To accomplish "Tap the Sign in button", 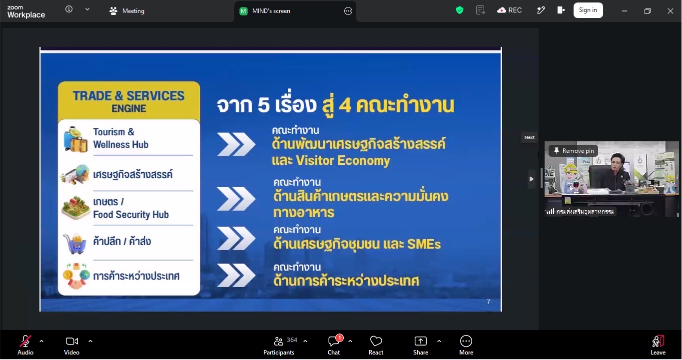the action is click(588, 10).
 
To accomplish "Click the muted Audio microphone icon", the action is click(25, 341).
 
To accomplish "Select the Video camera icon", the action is click(72, 341).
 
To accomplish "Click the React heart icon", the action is click(376, 341).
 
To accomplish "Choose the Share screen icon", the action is click(421, 341).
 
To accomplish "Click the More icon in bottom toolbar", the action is click(466, 341).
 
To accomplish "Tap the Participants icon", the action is click(279, 341).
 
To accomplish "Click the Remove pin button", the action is click(573, 151).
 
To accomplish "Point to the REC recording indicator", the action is click(509, 10).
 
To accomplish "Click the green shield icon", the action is click(460, 10).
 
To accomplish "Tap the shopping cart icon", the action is click(75, 244).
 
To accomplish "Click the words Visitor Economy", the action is click(343, 160).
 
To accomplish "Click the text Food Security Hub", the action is click(131, 215).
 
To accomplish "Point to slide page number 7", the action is click(488, 302).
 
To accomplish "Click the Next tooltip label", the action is click(529, 137).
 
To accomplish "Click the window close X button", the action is click(671, 11).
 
